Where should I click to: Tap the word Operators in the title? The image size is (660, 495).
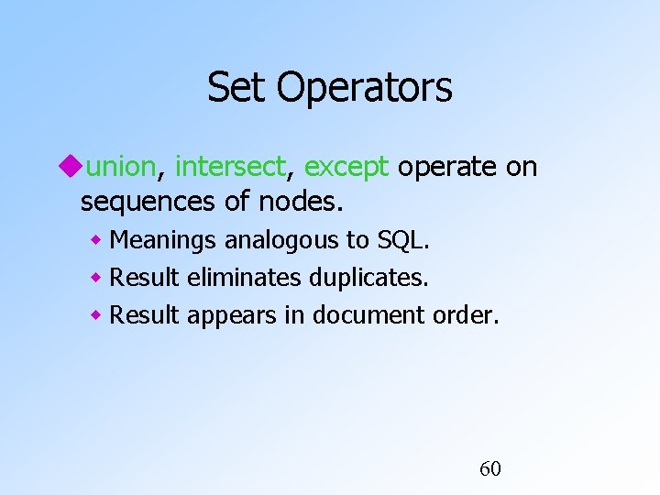[364, 88]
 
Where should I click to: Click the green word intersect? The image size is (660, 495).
[230, 167]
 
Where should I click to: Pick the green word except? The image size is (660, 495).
[346, 168]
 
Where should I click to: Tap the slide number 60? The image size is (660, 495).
[490, 469]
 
